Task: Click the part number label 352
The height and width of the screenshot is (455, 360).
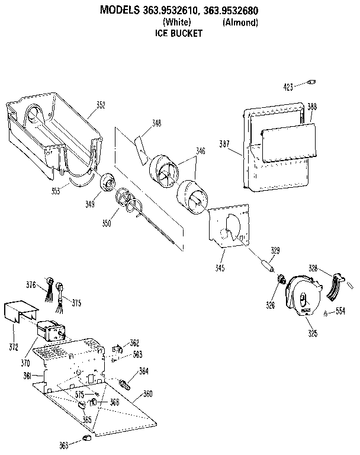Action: point(101,105)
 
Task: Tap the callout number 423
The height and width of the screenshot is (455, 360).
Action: point(288,87)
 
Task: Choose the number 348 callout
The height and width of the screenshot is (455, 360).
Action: point(156,123)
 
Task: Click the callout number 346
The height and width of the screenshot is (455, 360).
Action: point(201,152)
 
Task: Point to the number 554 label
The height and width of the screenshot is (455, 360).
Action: point(340,310)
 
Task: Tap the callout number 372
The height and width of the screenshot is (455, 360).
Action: point(13,345)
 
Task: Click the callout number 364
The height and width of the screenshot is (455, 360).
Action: point(143,371)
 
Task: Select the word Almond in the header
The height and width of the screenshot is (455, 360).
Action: point(240,23)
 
